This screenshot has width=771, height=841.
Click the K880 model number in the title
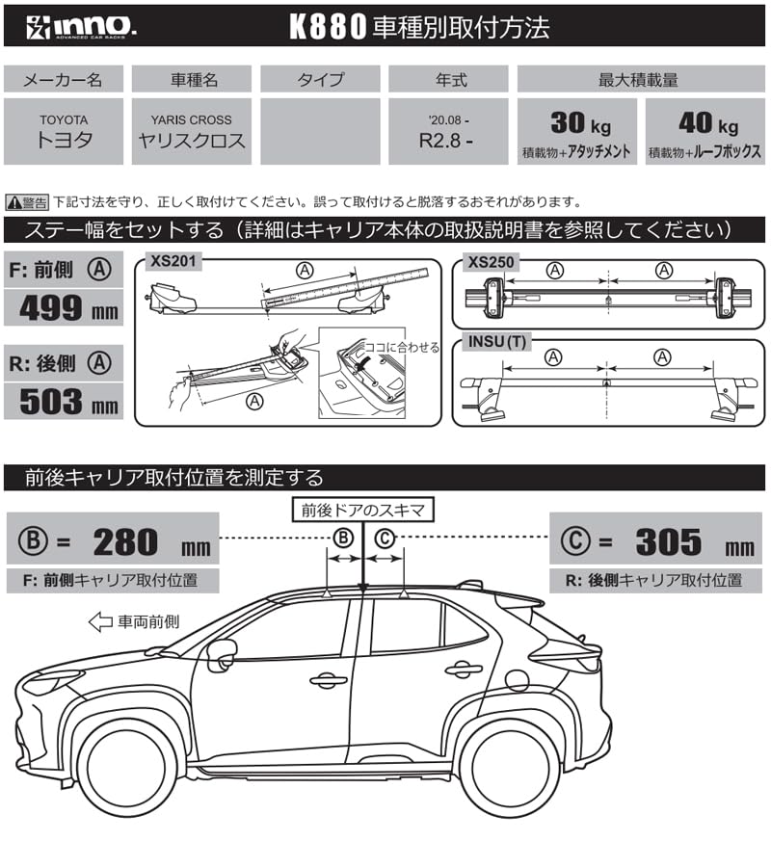[329, 26]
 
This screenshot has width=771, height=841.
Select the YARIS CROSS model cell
[191, 131]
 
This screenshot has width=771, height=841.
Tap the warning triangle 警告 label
[27, 202]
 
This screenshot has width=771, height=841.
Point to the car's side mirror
[221, 654]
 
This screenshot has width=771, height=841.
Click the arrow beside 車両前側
[99, 622]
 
